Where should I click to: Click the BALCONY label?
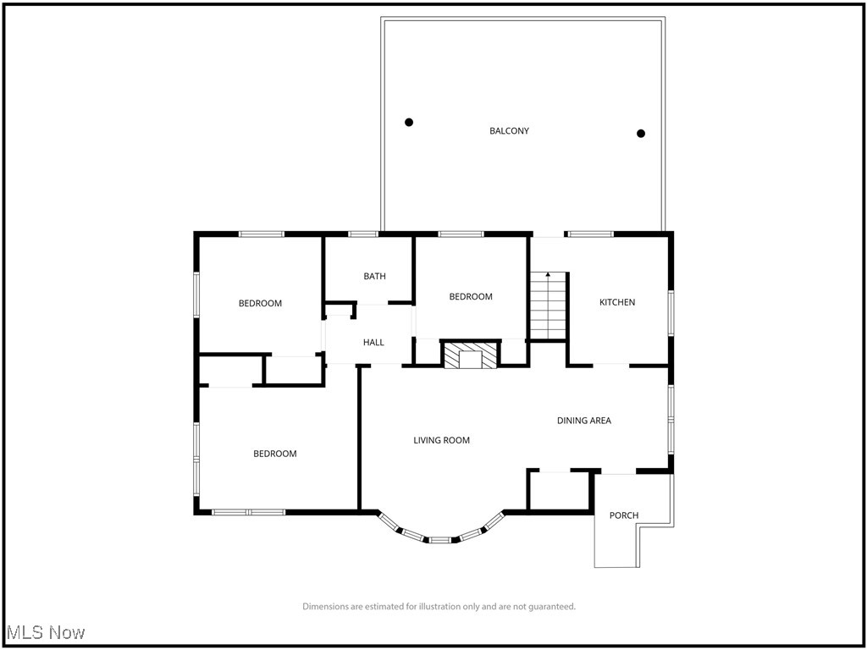(x=509, y=131)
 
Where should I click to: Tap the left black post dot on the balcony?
(x=409, y=122)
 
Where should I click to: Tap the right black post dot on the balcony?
(x=641, y=133)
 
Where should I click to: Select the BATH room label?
(x=374, y=276)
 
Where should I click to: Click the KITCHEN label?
(x=617, y=302)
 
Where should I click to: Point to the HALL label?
(x=373, y=343)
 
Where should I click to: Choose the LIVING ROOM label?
(x=441, y=440)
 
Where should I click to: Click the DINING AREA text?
(x=583, y=421)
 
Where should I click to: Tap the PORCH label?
(x=624, y=515)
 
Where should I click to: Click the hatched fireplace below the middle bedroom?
(x=463, y=355)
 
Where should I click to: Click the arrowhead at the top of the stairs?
(x=548, y=275)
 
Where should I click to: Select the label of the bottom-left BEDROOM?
(x=275, y=454)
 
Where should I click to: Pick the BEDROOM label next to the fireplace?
(x=471, y=296)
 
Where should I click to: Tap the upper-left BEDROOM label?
(x=260, y=303)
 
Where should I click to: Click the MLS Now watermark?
(x=46, y=632)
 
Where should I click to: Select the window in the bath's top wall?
(x=363, y=234)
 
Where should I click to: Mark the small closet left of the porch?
(x=558, y=491)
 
